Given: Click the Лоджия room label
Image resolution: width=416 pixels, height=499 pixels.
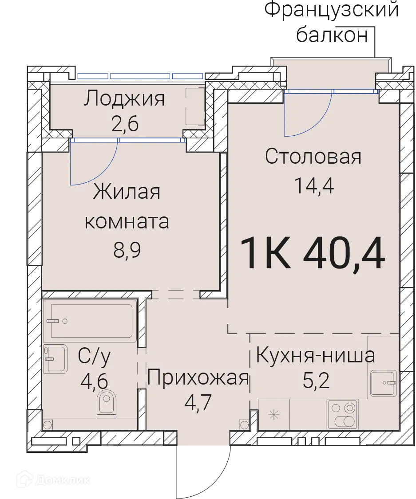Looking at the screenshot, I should (x=124, y=98).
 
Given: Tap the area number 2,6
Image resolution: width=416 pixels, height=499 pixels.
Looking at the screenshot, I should (x=125, y=123).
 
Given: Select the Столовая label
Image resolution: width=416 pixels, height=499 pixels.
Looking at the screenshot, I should (x=313, y=157).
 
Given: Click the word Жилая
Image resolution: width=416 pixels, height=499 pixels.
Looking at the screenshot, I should (x=127, y=193).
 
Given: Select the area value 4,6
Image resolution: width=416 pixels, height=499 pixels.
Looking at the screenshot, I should (x=94, y=381).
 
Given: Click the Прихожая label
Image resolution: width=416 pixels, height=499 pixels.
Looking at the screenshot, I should (x=198, y=378).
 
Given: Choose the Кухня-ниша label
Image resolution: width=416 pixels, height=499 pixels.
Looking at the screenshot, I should (x=316, y=355).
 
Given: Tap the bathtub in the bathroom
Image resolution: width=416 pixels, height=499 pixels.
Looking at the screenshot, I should (x=91, y=321).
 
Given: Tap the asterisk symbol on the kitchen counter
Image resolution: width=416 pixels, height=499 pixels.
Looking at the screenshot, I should (x=274, y=415).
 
